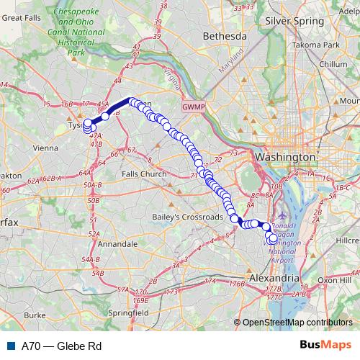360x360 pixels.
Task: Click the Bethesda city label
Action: (204, 35)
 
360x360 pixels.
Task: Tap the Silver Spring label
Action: (293, 22)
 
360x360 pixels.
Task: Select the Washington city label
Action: (282, 156)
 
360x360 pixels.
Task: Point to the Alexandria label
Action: (274, 277)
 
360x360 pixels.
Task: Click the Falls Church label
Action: (143, 174)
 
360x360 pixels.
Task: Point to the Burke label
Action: (35, 315)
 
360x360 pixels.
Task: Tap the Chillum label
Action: (333, 64)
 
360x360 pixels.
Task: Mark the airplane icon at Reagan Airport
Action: (279, 215)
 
